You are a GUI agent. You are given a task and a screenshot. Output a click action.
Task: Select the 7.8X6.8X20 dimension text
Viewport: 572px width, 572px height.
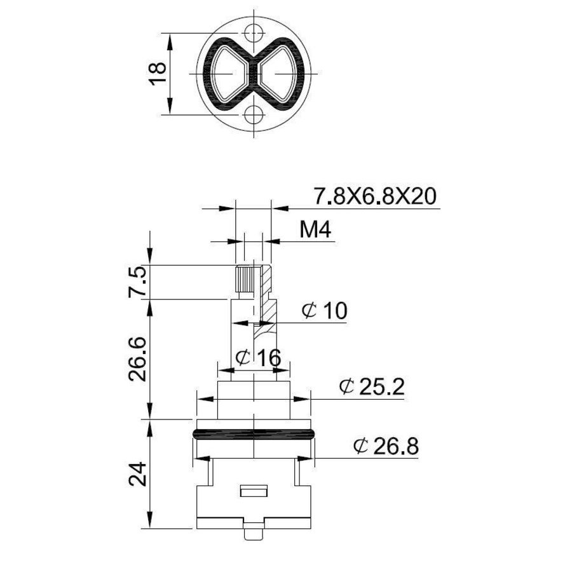point(374,196)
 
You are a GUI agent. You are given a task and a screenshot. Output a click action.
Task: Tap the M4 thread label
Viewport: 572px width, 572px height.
point(316,230)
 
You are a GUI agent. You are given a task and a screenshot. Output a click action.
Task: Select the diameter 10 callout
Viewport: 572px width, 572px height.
point(324,311)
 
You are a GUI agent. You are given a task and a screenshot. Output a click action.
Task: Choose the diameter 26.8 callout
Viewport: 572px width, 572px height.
point(386,447)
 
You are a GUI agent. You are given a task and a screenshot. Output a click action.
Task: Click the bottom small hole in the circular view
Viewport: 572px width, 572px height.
point(255,115)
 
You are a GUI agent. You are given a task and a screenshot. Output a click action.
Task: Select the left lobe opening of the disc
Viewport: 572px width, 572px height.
point(228,74)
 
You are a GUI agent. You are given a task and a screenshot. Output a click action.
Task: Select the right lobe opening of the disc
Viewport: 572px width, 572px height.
point(282,74)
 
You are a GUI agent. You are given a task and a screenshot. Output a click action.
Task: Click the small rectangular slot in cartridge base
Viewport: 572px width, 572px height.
point(254,491)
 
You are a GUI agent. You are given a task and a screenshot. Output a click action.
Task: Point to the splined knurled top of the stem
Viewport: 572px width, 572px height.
point(244,280)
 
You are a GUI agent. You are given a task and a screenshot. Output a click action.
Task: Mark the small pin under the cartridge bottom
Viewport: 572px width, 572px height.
point(254,533)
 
